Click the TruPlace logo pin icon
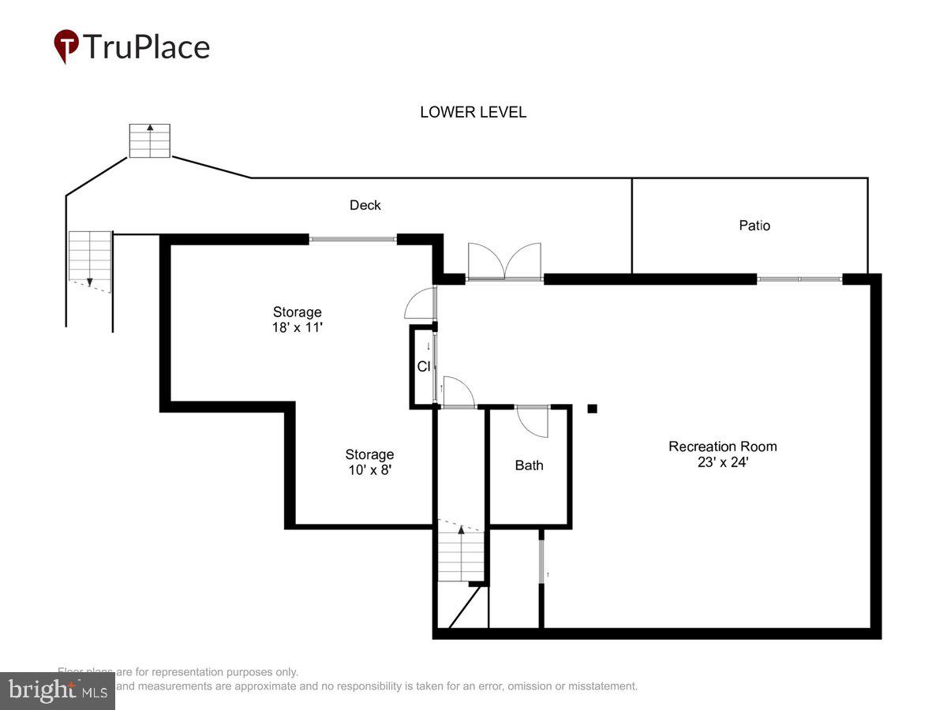pos(66,46)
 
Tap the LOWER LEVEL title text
pos(473,112)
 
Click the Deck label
pos(365,205)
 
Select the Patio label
pos(754,226)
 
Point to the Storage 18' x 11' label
pos(297,319)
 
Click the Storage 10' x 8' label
pos(369,461)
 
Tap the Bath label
pos(529,465)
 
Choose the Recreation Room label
pos(722,447)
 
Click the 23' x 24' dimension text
pos(722,462)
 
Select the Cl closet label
pos(423,367)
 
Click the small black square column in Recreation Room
pos(592,409)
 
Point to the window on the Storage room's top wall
pos(352,239)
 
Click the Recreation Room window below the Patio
pos(799,278)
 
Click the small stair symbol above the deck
pos(150,140)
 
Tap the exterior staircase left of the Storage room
pos(90,258)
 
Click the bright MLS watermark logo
pos(57,690)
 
